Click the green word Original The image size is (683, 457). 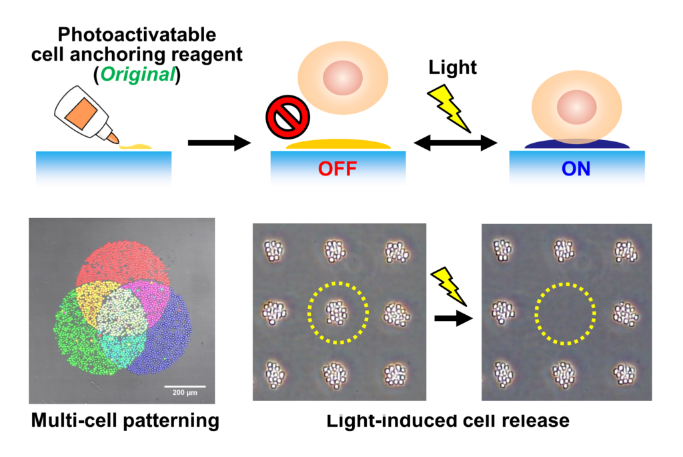point(138,75)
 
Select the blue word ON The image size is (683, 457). point(576,169)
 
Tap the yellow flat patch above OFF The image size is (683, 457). point(337,143)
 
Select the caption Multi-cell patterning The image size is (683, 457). point(124,421)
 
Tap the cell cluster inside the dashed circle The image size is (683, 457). point(337,311)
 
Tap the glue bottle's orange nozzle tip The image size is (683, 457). point(114,139)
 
